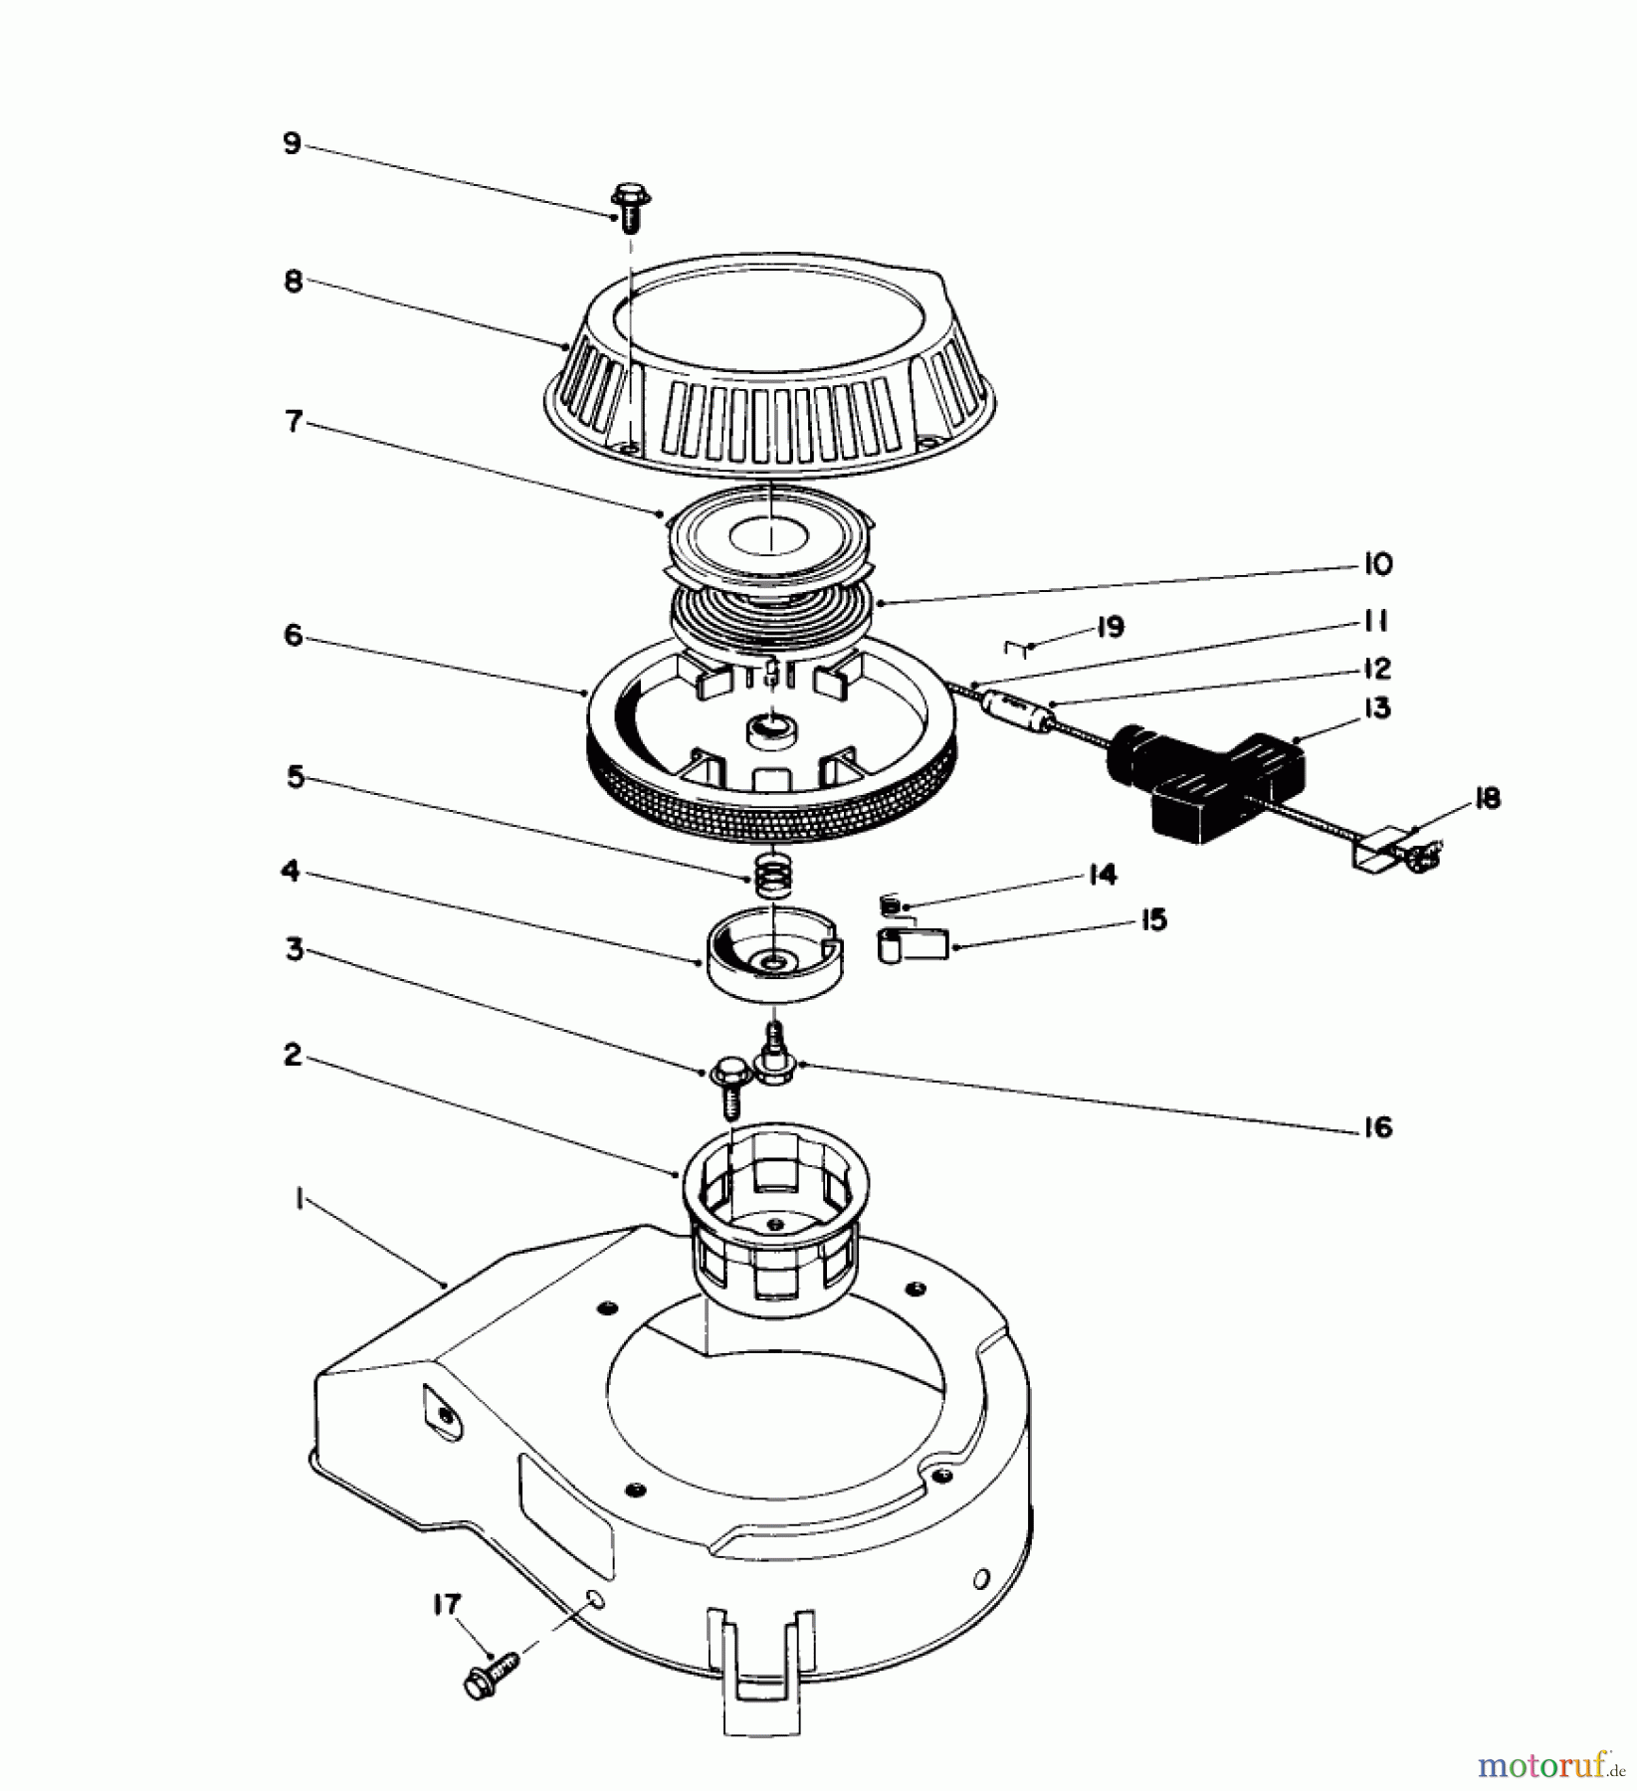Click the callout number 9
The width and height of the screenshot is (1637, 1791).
292,143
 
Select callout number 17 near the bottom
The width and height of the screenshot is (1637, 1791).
447,1604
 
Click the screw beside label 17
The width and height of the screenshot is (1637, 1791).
492,1664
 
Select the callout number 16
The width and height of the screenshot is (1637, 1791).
1377,1127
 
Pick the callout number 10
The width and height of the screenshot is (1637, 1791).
1377,564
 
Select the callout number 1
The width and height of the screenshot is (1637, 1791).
298,1201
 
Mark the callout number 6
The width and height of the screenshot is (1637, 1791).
293,634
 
